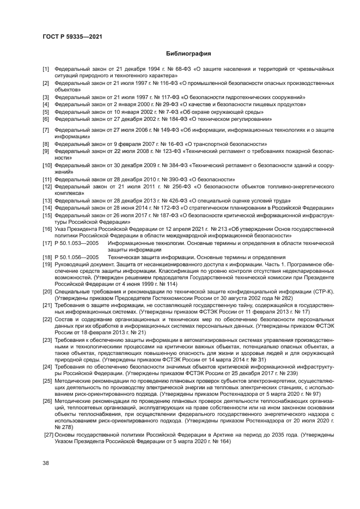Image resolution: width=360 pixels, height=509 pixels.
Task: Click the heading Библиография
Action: click(x=180, y=54)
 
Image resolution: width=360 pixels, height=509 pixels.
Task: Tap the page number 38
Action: click(x=46, y=463)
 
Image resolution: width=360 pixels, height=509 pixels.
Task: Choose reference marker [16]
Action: click(x=48, y=229)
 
